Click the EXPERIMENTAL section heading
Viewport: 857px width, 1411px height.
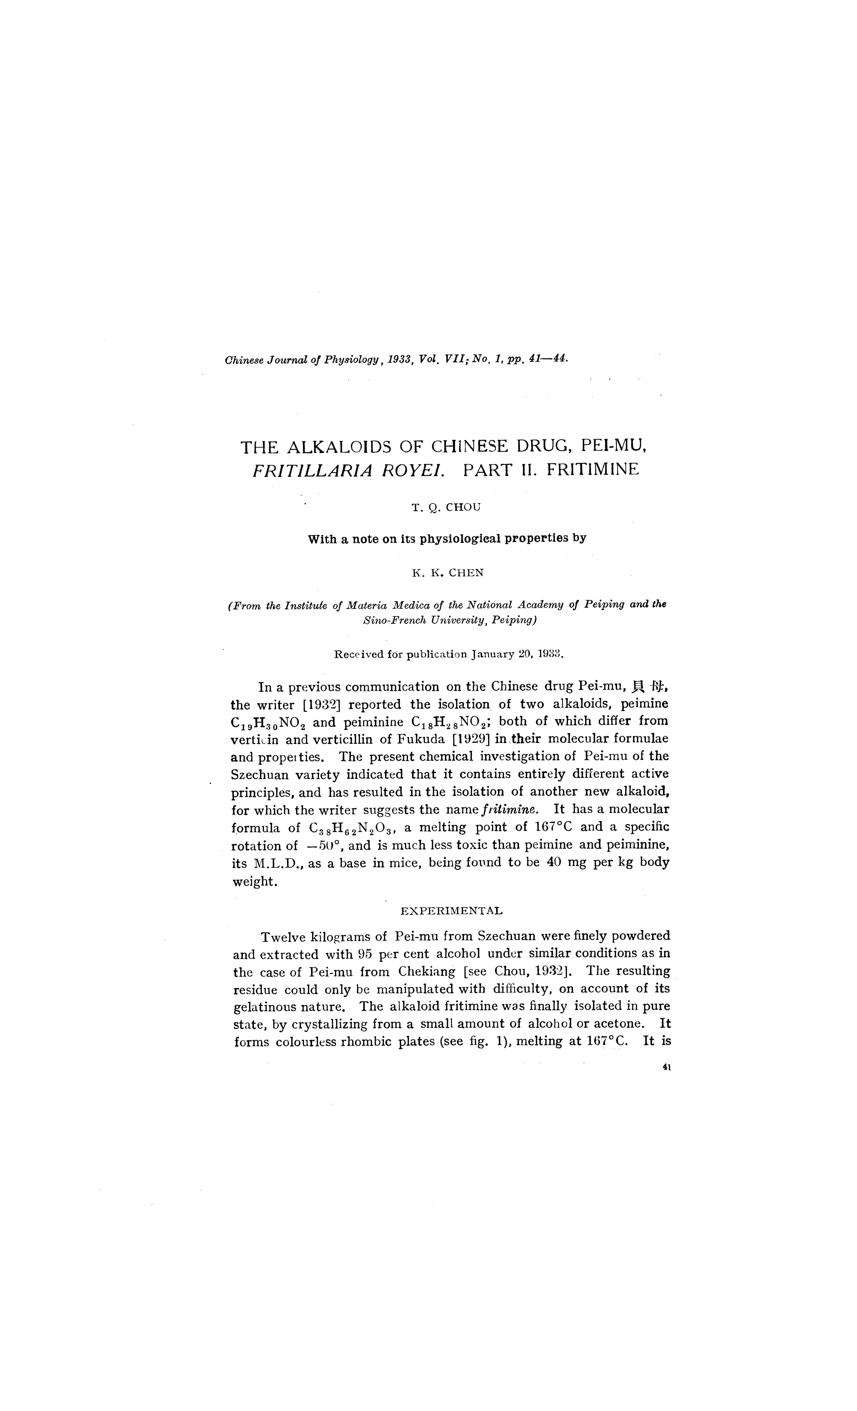[x=451, y=910]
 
